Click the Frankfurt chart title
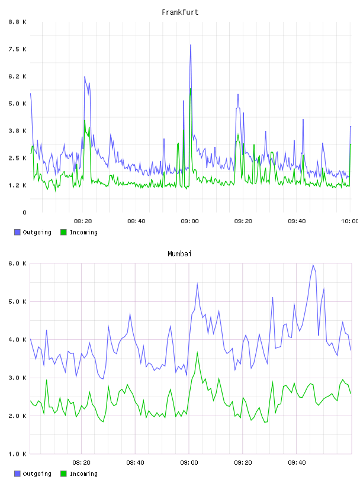[x=180, y=12]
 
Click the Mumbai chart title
[x=179, y=254]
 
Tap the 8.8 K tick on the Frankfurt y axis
[x=17, y=22]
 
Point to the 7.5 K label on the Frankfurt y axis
[x=17, y=49]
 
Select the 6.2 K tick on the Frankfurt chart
[x=17, y=76]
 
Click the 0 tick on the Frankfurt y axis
[x=24, y=212]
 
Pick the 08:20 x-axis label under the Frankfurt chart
[x=83, y=221]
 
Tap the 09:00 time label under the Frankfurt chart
[x=190, y=221]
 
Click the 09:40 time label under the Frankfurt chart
[x=297, y=221]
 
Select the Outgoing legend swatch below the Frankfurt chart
[x=17, y=232]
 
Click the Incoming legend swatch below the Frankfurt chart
[x=63, y=232]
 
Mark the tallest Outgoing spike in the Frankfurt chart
[x=191, y=45]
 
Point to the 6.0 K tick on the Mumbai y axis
[x=17, y=263]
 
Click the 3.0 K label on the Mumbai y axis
[x=17, y=378]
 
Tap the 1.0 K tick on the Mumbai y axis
[x=17, y=454]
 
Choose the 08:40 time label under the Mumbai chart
[x=136, y=463]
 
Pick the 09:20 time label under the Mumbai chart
[x=243, y=463]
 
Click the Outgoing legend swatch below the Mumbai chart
[x=17, y=474]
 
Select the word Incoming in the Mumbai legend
[x=83, y=474]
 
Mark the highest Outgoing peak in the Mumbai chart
[x=313, y=265]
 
